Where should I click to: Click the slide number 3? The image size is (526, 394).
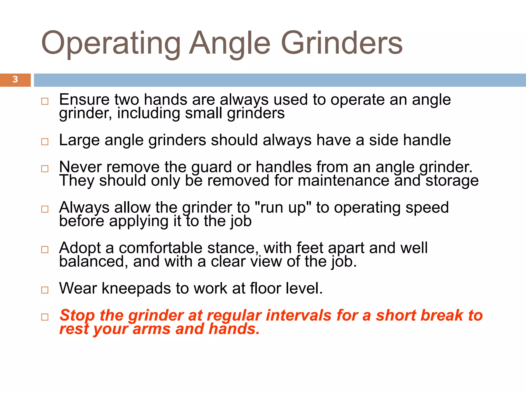coord(15,80)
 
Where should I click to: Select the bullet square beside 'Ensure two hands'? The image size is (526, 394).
coord(45,101)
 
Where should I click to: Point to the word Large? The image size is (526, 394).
coord(79,141)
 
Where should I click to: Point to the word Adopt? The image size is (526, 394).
coord(80,248)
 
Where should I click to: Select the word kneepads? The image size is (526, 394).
coord(136,289)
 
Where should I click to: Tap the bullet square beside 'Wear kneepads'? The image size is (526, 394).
coord(45,290)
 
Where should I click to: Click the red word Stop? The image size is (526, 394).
coord(77,316)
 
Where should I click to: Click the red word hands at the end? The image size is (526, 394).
coord(233,329)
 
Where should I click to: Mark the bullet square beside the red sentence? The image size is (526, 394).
coord(45,317)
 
